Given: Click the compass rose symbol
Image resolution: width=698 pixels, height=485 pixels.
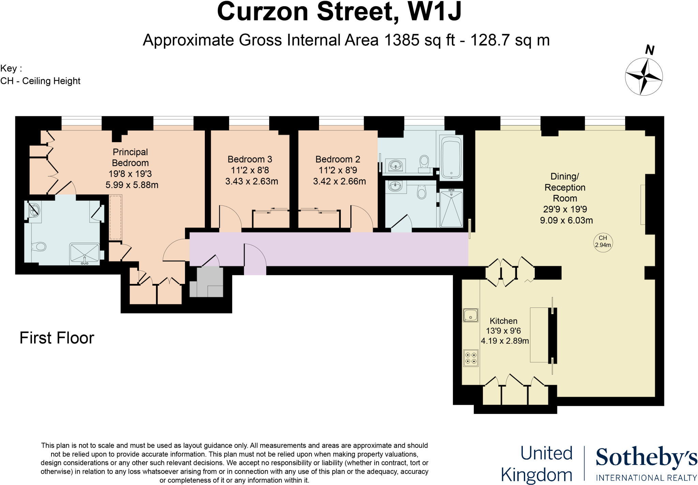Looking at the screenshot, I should click(x=644, y=76).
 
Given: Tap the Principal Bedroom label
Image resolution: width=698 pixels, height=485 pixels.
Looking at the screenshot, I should click(x=130, y=157).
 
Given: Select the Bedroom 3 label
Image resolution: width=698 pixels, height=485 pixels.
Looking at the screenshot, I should click(x=250, y=159).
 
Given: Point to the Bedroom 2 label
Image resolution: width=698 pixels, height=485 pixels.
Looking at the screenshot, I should click(x=338, y=159).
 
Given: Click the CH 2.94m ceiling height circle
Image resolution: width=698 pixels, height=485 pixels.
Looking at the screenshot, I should click(x=603, y=242).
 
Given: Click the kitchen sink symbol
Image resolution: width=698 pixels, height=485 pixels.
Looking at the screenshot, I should click(x=470, y=315).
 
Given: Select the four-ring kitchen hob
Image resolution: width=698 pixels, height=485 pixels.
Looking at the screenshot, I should click(x=470, y=358).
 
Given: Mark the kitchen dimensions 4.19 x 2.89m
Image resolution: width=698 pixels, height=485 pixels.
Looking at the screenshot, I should click(x=505, y=341).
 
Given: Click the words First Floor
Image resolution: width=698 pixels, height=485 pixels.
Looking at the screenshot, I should click(x=57, y=338).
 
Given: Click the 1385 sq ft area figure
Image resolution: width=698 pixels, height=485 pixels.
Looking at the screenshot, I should click(x=420, y=40).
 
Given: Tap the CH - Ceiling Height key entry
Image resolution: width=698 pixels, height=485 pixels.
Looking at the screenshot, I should click(x=40, y=81).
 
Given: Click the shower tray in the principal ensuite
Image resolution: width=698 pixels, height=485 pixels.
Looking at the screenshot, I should click(x=85, y=254).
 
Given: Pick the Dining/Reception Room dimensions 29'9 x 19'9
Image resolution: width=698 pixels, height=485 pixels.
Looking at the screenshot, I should click(x=565, y=209).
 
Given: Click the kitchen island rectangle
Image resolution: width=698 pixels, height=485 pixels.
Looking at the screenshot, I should click(x=539, y=334).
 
